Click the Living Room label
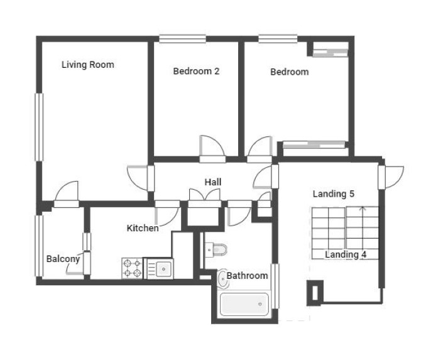88,65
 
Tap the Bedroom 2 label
196,71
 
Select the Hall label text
213,182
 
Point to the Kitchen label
143,228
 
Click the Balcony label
63,259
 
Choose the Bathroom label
248,276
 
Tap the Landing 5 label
334,194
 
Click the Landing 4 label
346,254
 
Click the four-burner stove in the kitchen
132,268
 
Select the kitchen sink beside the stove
159,268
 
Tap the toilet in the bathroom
216,250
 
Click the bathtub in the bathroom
244,305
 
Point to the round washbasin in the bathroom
222,279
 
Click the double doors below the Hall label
205,195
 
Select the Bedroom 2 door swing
212,146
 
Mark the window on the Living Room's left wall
39,127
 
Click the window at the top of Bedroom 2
183,39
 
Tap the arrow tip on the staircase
363,207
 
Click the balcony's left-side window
39,246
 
